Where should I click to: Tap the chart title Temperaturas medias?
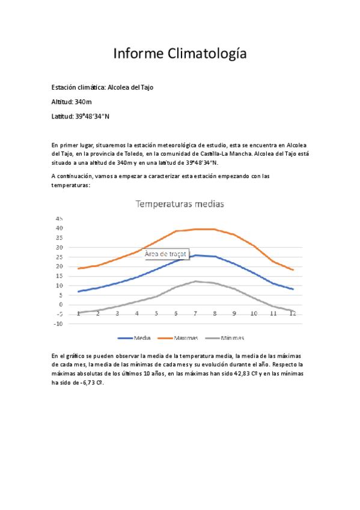point(180,204)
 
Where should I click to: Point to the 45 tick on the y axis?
point(58,218)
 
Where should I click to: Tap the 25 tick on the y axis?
point(58,257)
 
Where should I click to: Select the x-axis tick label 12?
point(292,313)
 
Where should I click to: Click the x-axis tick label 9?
point(234,313)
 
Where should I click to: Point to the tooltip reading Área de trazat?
point(166,254)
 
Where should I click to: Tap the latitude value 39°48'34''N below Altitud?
point(92,116)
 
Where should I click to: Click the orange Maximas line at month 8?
point(215,229)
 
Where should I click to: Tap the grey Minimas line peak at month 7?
point(195,281)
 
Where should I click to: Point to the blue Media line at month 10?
point(254,274)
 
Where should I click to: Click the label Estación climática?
point(78,87)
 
